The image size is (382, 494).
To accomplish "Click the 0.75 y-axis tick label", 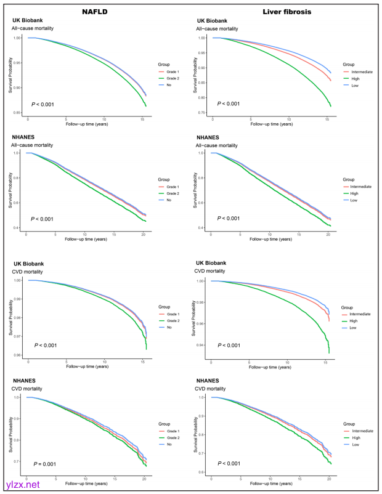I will tap(201, 112).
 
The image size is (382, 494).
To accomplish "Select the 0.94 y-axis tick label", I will tap(200, 345).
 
